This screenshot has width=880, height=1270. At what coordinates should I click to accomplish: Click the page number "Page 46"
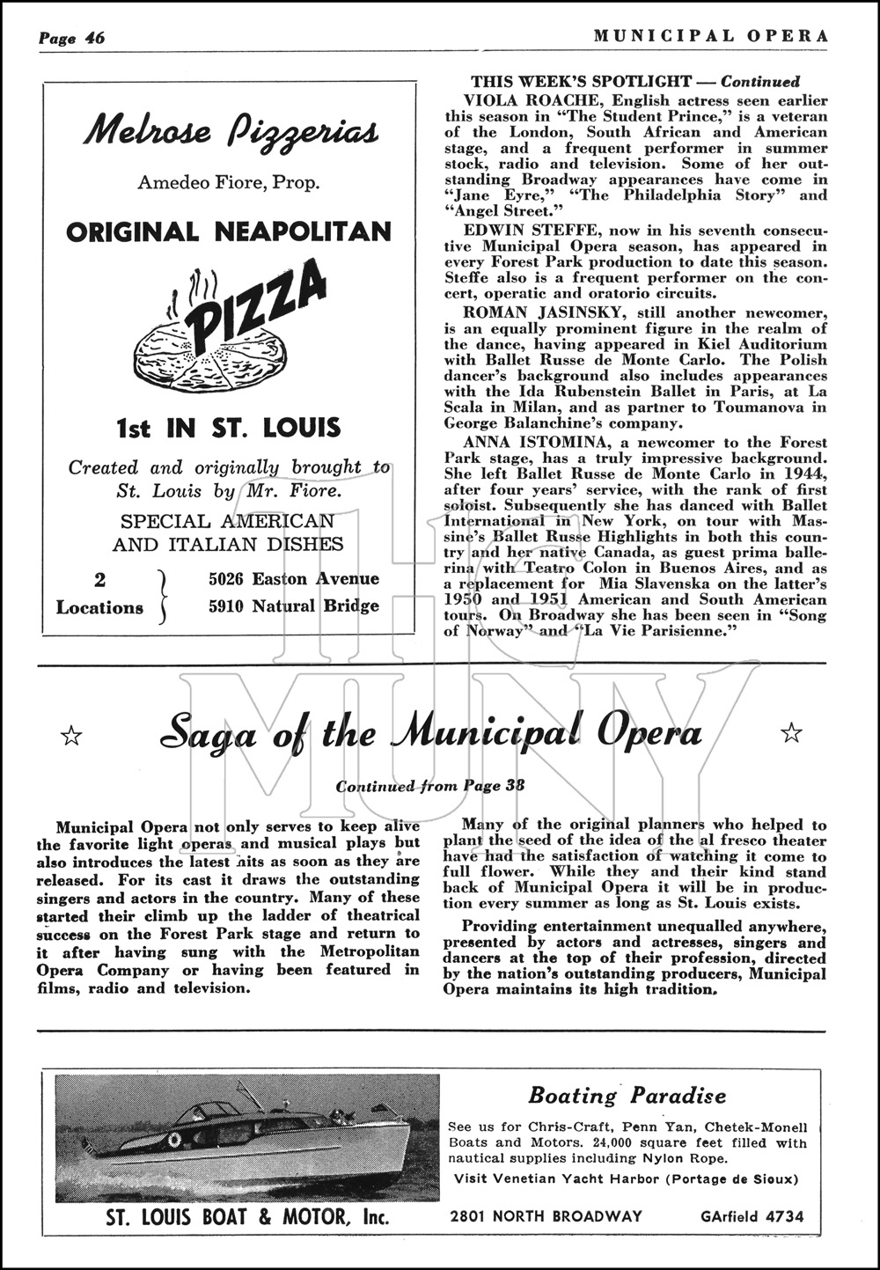click(x=71, y=38)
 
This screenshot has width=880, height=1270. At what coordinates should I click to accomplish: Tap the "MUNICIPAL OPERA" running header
click(x=710, y=36)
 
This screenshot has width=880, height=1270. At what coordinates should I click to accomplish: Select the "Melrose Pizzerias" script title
click(x=231, y=132)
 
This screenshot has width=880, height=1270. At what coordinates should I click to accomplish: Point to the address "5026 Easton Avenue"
click(x=294, y=578)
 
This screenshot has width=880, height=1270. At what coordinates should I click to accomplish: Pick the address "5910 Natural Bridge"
click(x=294, y=606)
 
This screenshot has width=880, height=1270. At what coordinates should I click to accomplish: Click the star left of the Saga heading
click(x=70, y=734)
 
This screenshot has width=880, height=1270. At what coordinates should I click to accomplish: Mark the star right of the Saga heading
click(x=791, y=732)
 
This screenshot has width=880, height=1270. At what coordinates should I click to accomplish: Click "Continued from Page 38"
click(x=430, y=786)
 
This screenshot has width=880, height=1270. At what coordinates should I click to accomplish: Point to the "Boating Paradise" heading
click(x=627, y=1096)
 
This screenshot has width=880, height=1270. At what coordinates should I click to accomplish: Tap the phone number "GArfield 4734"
click(x=752, y=1217)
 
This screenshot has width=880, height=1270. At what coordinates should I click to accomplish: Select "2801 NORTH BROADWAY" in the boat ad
click(x=546, y=1217)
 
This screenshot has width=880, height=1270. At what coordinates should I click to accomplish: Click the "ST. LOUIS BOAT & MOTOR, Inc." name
click(x=247, y=1218)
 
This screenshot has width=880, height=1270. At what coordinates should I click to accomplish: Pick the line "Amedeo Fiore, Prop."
click(x=229, y=183)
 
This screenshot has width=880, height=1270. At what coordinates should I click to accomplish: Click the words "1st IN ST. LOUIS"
click(x=228, y=429)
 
